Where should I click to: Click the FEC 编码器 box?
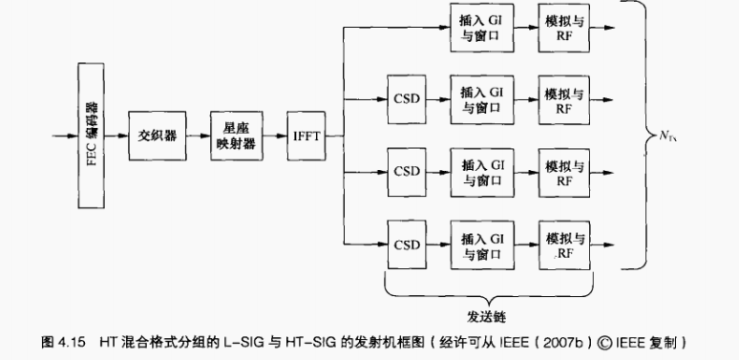[91, 136]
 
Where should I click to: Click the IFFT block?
[306, 136]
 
